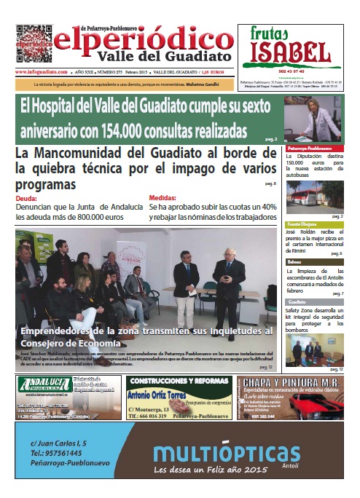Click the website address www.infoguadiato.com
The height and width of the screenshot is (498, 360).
tap(41, 72)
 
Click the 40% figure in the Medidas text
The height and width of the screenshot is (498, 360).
tap(269, 207)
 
